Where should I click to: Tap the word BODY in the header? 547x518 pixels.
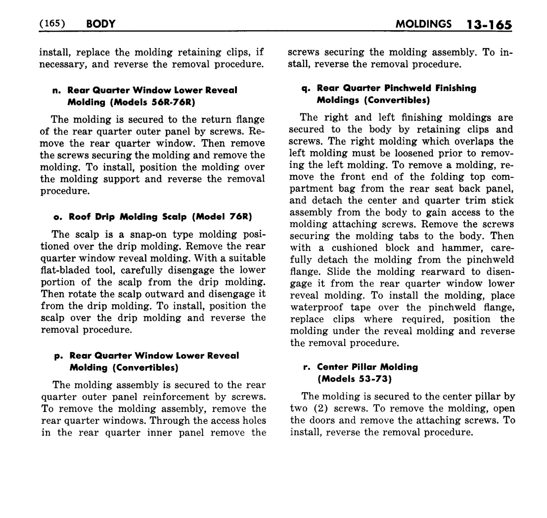pyautogui.click(x=100, y=24)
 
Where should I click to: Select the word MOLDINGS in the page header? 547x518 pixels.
pyautogui.click(x=424, y=24)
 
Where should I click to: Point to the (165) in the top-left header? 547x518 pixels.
pyautogui.click(x=52, y=24)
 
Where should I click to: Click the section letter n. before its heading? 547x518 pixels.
pyautogui.click(x=56, y=91)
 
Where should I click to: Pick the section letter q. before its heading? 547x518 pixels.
pyautogui.click(x=306, y=89)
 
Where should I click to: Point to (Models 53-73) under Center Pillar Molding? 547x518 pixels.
pyautogui.click(x=355, y=379)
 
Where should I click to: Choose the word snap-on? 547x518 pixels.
pyautogui.click(x=132, y=235)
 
